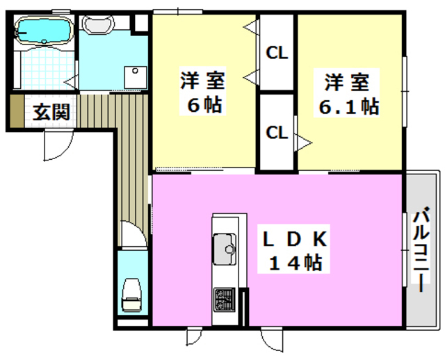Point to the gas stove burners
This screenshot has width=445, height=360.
point(224,299)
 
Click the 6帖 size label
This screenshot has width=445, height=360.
point(202,106)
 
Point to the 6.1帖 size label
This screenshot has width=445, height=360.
point(348,106)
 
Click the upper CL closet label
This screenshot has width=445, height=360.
point(277,53)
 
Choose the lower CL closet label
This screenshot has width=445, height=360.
point(277,132)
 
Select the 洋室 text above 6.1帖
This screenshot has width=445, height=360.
point(346,81)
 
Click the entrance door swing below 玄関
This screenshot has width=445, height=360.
point(58,144)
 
